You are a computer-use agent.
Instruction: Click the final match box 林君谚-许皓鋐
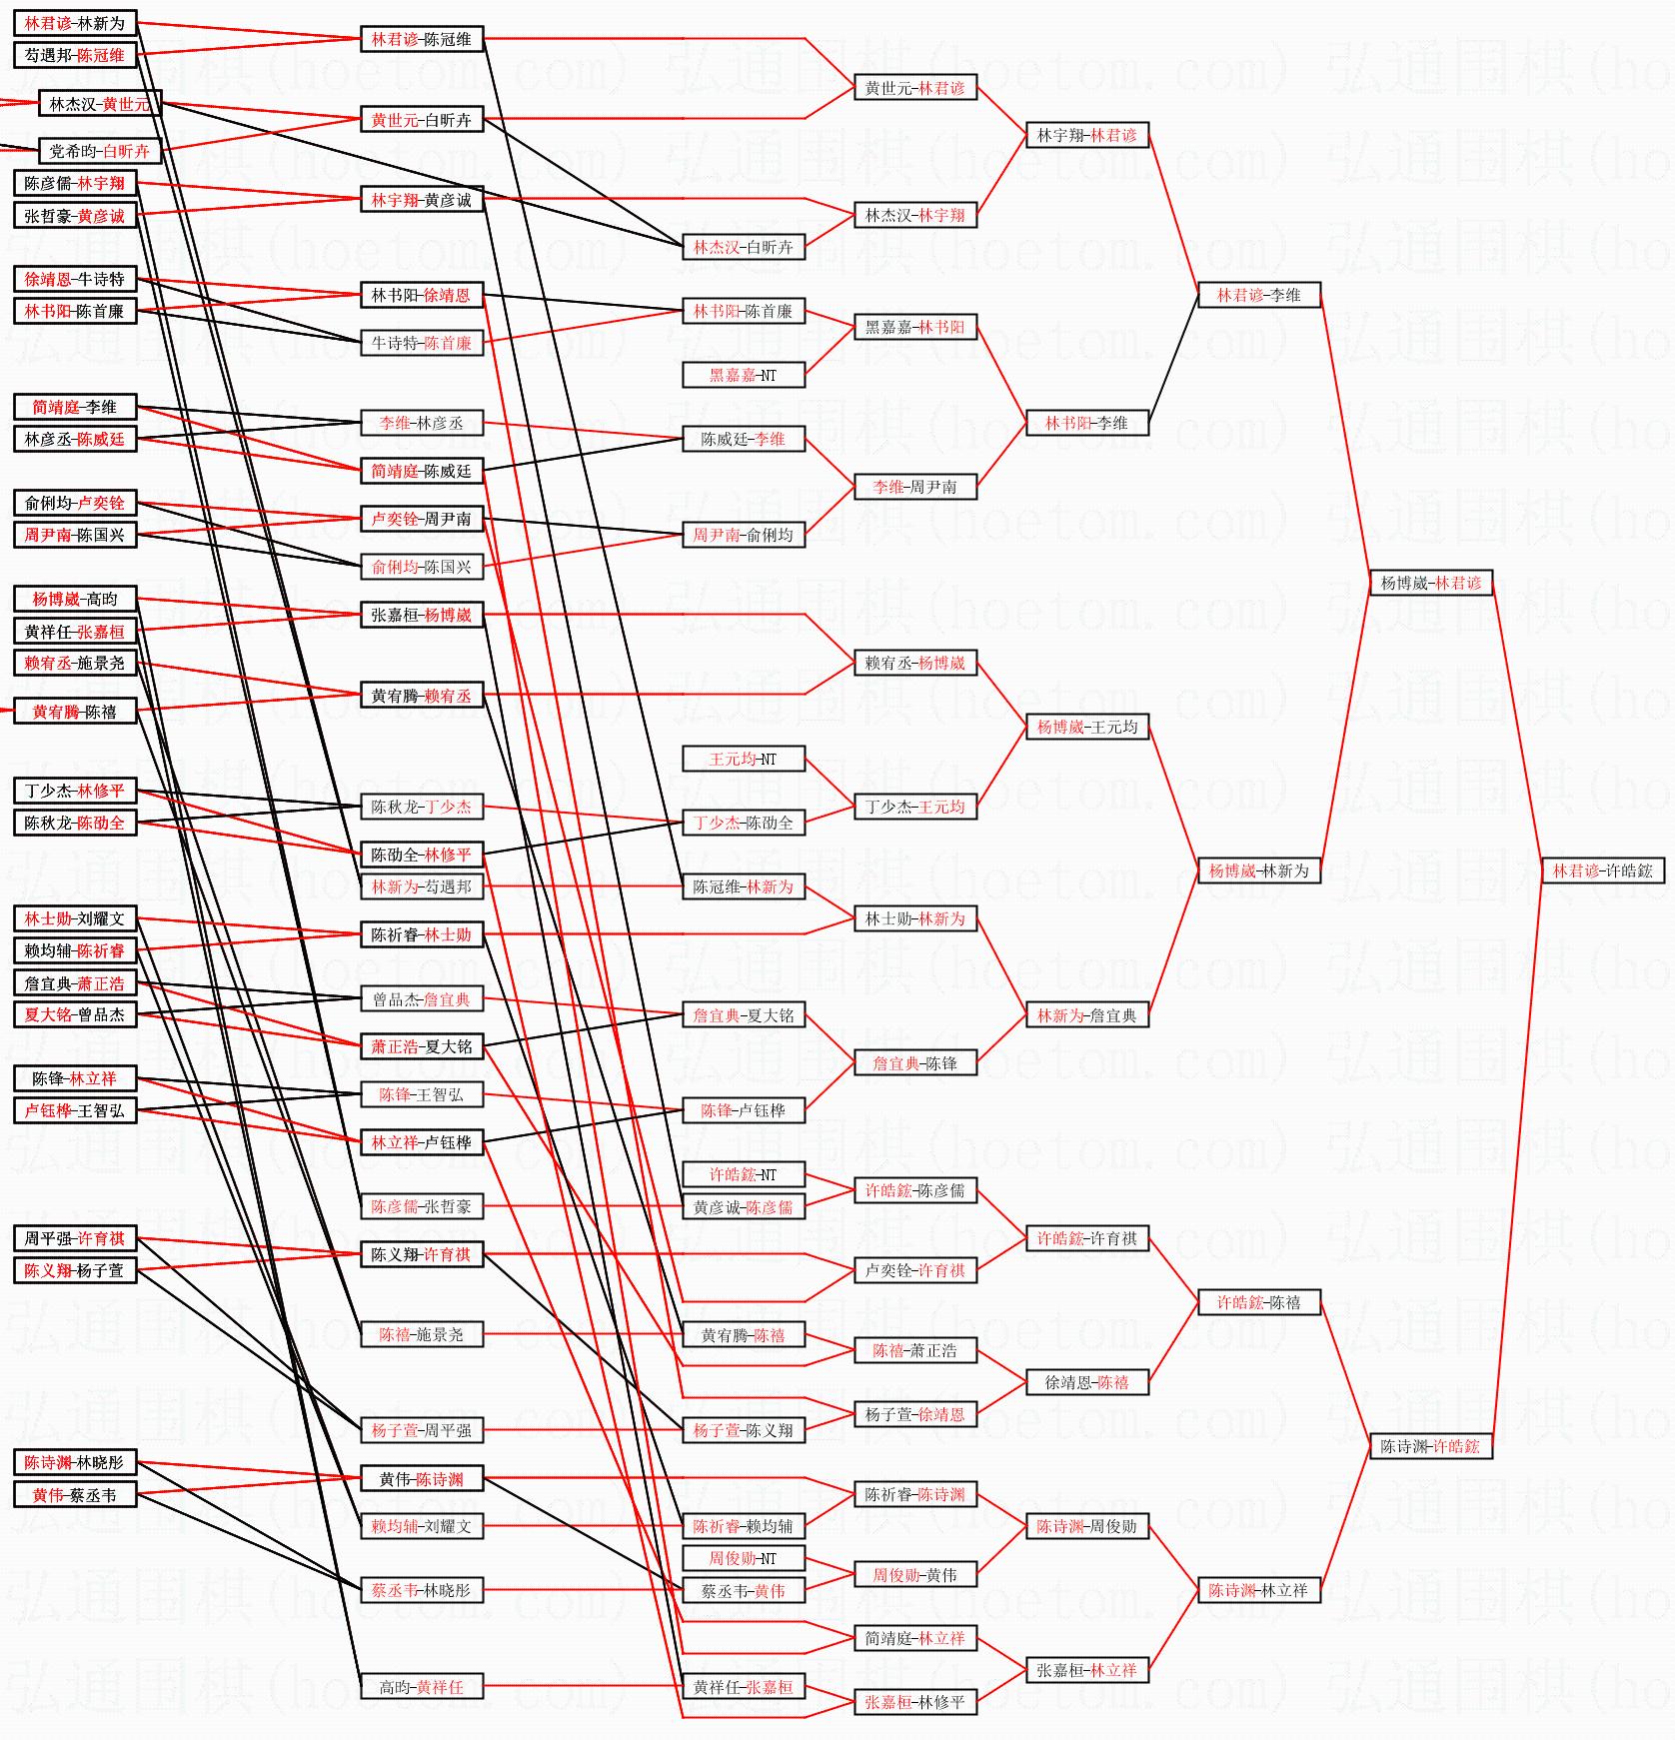(x=1602, y=870)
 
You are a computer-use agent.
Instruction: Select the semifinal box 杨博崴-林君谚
(x=1430, y=583)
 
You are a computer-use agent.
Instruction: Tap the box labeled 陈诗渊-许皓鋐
(x=1430, y=1446)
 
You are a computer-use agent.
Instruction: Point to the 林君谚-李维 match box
(x=1258, y=295)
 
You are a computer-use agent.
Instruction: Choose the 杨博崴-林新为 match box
(x=1258, y=870)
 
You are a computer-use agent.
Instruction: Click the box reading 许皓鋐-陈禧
(x=1258, y=1302)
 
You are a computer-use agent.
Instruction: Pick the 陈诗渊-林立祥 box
(x=1258, y=1590)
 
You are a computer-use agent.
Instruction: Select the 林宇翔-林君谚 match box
(x=1086, y=135)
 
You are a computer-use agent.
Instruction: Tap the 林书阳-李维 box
(x=1086, y=423)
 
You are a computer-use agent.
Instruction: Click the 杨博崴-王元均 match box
(x=1086, y=727)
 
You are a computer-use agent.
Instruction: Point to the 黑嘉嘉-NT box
(x=743, y=375)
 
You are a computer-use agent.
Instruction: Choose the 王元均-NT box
(x=743, y=759)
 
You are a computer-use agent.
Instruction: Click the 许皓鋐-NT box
(x=743, y=1174)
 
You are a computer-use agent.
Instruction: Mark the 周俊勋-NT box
(x=743, y=1558)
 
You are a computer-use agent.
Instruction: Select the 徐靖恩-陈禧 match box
(x=1086, y=1382)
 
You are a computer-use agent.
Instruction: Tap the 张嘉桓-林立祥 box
(x=1086, y=1670)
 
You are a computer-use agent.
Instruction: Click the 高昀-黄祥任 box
(x=421, y=1687)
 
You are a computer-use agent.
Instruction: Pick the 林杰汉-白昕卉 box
(x=743, y=247)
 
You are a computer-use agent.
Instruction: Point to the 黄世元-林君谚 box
(x=914, y=88)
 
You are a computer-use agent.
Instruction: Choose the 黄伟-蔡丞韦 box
(x=74, y=1495)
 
